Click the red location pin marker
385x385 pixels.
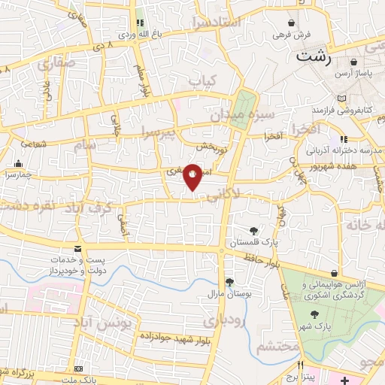pyautogui.click(x=192, y=176)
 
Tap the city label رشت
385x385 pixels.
pyautogui.click(x=314, y=56)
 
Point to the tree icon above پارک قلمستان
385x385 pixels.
pyautogui.click(x=256, y=231)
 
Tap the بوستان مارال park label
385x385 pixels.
pyautogui.click(x=223, y=291)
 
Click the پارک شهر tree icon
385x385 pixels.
pyautogui.click(x=316, y=315)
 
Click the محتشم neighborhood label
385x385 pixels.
pyautogui.click(x=275, y=347)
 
